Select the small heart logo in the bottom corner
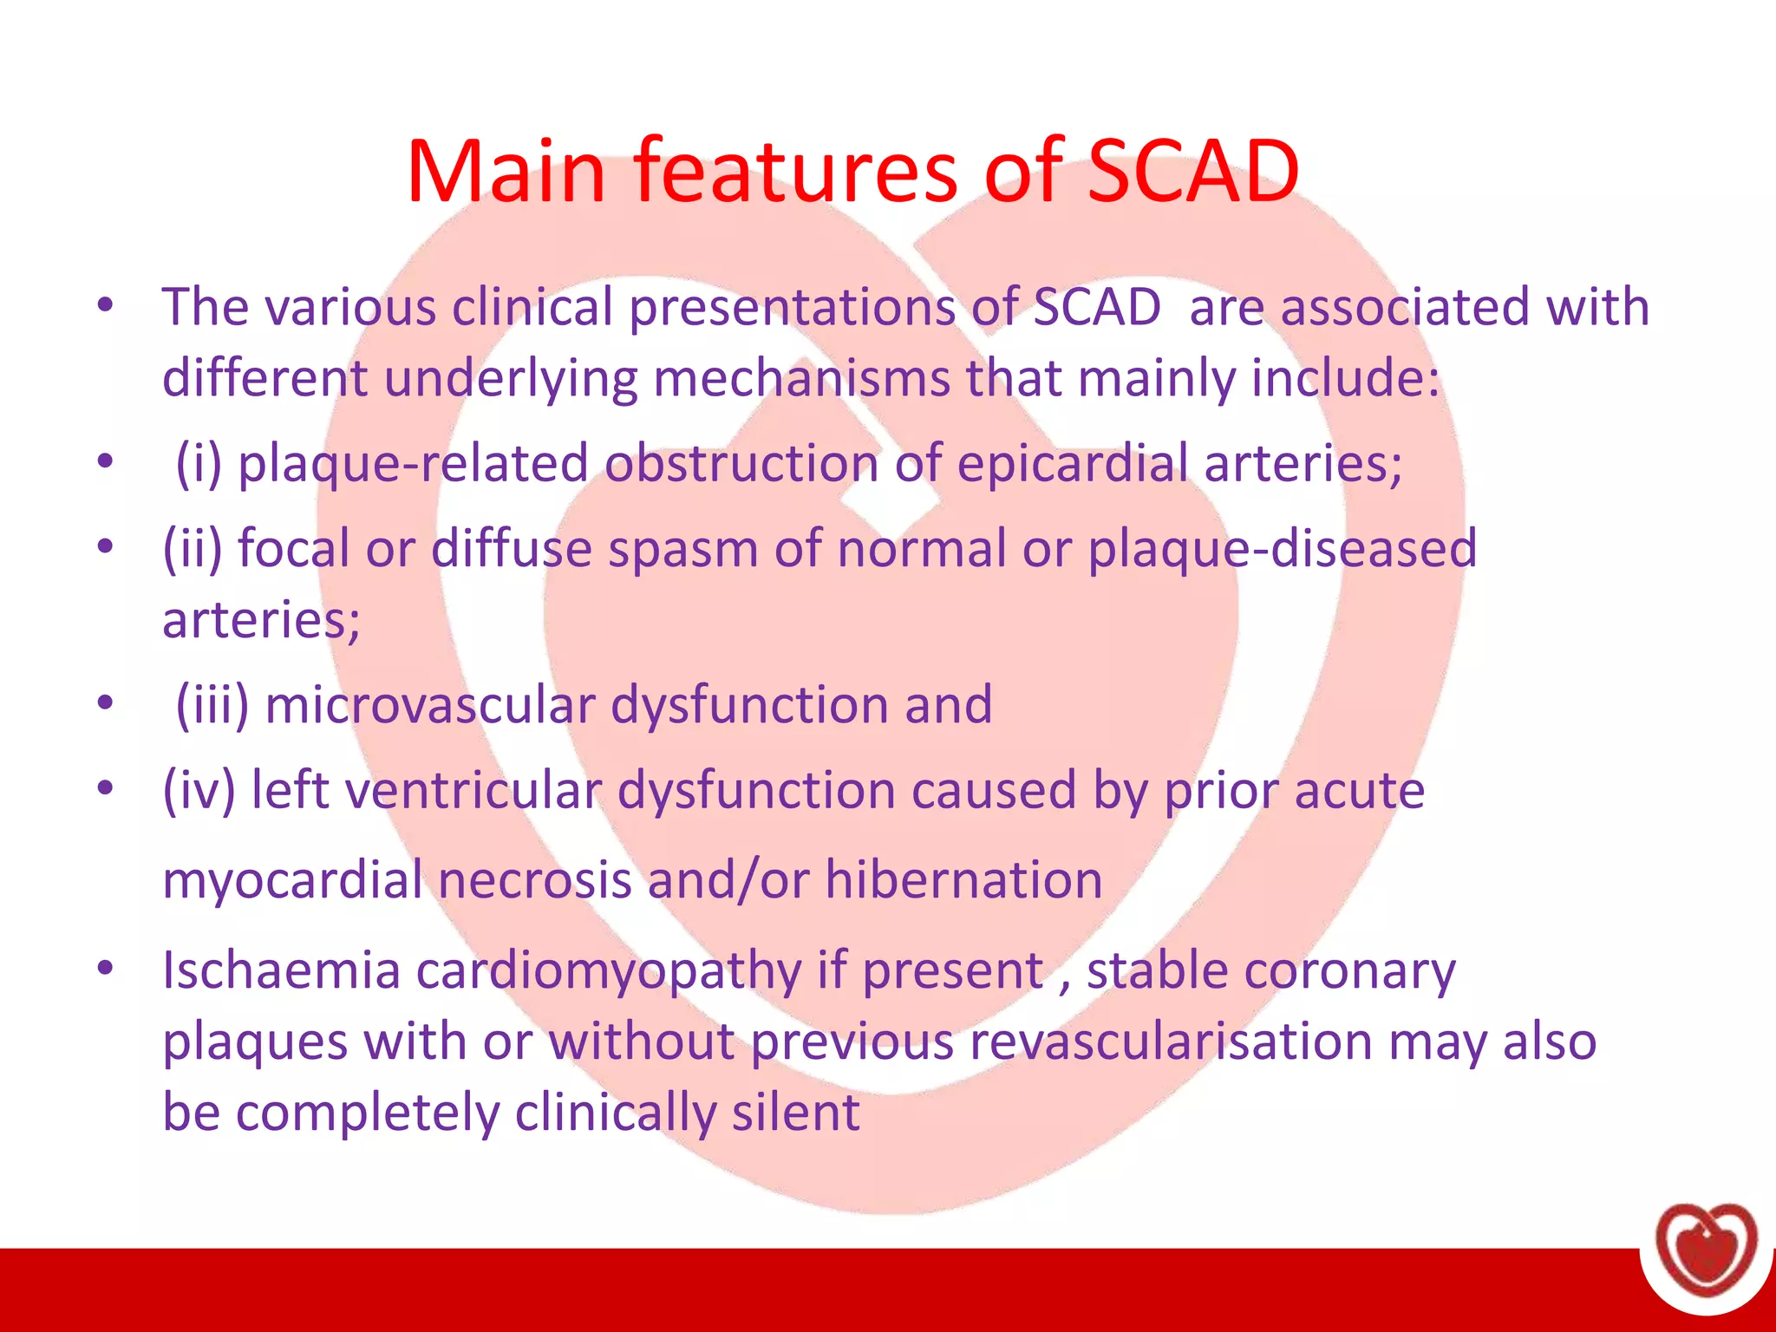coord(1706,1249)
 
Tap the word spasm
coord(683,549)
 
